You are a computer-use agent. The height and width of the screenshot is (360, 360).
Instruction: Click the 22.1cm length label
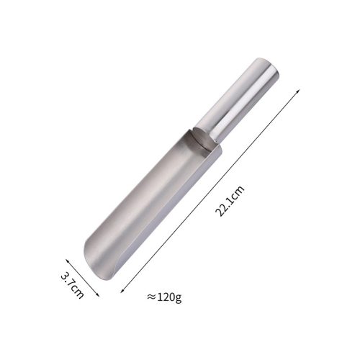pyautogui.click(x=230, y=201)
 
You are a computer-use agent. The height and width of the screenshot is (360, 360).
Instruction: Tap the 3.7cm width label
pyautogui.click(x=72, y=285)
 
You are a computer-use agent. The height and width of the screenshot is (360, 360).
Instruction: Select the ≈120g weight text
pyautogui.click(x=164, y=297)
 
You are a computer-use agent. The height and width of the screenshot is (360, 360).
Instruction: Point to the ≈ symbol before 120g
pyautogui.click(x=151, y=297)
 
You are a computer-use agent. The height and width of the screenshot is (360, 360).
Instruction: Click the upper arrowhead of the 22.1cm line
pyautogui.click(x=298, y=91)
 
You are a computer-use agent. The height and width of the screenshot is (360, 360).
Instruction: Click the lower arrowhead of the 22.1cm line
pyautogui.click(x=122, y=291)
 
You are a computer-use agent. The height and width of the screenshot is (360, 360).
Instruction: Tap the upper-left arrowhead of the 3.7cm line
pyautogui.click(x=67, y=261)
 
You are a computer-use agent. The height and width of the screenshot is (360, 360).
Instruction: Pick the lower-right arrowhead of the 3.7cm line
pyautogui.click(x=97, y=294)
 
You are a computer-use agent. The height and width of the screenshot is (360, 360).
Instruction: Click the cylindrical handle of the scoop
pyautogui.click(x=238, y=99)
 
